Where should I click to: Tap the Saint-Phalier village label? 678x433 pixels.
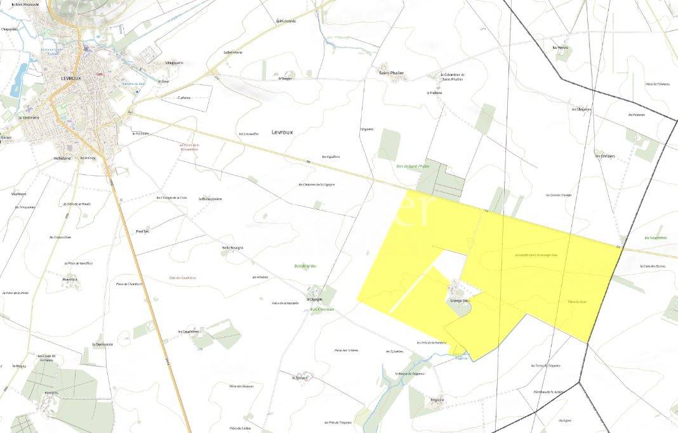[x=391, y=73]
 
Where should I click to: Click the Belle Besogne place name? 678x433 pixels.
[x=232, y=247]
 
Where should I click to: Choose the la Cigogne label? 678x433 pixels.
[x=314, y=299]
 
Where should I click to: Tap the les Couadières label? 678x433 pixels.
[x=189, y=331]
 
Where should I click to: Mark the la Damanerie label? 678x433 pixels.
[x=102, y=344]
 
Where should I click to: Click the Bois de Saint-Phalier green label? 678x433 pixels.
[x=413, y=166]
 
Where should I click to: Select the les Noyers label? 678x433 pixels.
[x=560, y=48]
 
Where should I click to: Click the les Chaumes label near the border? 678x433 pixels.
[x=582, y=109]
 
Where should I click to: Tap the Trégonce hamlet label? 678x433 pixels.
[x=437, y=400]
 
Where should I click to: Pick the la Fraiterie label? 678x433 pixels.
[x=435, y=93]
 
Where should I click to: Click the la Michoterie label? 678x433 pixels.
[x=287, y=21]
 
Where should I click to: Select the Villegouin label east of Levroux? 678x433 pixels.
[x=174, y=63]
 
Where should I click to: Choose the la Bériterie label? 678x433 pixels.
[x=233, y=52]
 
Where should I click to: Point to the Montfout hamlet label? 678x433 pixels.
[x=70, y=279]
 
